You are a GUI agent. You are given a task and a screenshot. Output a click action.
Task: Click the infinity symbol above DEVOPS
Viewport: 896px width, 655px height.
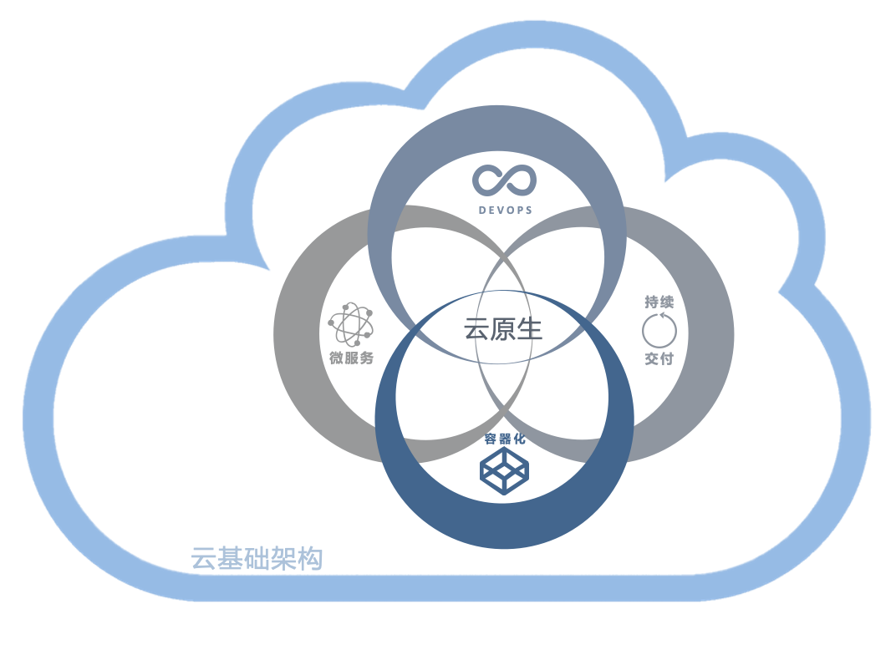tap(503, 181)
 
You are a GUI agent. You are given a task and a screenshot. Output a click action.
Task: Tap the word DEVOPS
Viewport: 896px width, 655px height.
tap(506, 210)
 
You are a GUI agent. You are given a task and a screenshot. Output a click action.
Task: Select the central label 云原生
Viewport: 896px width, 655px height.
tap(503, 329)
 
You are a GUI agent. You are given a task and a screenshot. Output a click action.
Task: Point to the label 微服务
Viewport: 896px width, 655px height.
tap(351, 358)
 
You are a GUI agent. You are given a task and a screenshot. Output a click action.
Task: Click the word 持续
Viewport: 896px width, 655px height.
tap(659, 302)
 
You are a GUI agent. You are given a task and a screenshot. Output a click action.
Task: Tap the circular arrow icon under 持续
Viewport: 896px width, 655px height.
tap(659, 330)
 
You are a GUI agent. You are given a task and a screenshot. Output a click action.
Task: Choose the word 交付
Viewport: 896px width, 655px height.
tap(659, 358)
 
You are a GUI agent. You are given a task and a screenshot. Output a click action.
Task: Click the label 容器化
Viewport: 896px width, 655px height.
tap(505, 439)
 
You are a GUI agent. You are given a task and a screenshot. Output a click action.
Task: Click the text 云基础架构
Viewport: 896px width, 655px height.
tap(257, 558)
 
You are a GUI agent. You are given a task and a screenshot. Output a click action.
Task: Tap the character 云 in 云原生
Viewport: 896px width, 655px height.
tap(477, 329)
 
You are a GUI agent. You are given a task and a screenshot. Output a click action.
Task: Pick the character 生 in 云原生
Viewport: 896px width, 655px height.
tap(530, 329)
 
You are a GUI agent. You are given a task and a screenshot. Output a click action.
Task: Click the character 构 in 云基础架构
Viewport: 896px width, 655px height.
tap(310, 558)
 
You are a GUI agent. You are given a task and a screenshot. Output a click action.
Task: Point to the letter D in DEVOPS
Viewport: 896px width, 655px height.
tap(482, 210)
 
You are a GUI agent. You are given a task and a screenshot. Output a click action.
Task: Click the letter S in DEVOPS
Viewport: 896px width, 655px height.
tap(528, 210)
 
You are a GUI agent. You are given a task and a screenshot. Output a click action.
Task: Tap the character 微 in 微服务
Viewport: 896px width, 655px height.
tap(337, 358)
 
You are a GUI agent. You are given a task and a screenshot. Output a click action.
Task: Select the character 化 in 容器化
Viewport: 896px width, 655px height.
tap(520, 439)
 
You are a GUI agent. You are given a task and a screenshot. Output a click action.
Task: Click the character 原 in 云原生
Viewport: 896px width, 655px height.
tap(503, 329)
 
